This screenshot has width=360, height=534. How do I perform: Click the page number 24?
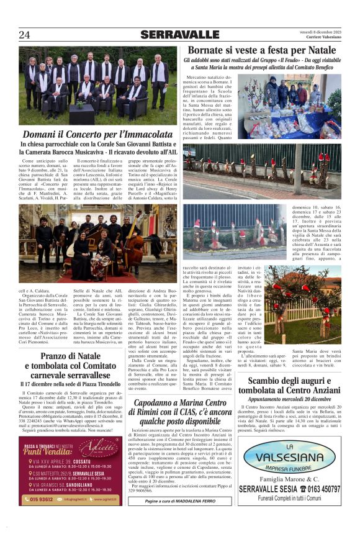point(24,34)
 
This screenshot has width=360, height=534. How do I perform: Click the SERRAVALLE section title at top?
point(179,35)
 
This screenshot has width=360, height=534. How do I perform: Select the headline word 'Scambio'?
point(267,399)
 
